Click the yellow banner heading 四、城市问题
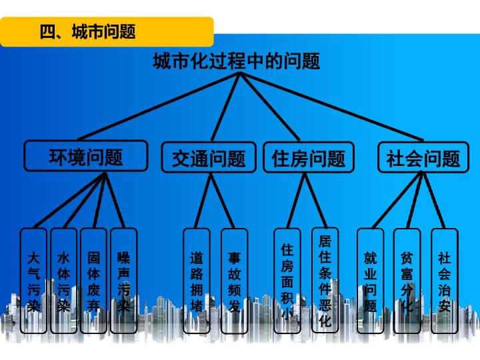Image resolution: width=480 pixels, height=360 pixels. coord(107,32)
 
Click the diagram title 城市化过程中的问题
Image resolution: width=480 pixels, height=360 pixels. coord(236,61)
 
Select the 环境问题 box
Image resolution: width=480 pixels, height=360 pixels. coord(86,156)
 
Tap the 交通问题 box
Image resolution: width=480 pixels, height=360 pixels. coord(209,157)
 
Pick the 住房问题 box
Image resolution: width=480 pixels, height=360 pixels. coord(309,157)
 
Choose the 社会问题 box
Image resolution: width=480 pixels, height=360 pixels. coord(423,157)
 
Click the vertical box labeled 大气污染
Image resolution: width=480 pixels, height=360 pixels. coord(34,281)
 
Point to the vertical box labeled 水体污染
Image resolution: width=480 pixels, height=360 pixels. coord(64,281)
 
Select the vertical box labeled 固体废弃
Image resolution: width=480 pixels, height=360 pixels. coord(94,281)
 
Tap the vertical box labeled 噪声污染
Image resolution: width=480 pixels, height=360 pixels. coord(124,281)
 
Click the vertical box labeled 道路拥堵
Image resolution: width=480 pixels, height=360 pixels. coord(197,281)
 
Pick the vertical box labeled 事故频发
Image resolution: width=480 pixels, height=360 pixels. coord(234,281)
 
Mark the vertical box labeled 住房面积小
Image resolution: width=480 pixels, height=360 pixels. coord(287,281)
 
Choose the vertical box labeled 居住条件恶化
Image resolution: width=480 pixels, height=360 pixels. coord(325,280)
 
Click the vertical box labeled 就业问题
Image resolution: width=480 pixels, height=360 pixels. coord(371,281)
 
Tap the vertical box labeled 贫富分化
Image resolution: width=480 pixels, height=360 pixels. coord(407,281)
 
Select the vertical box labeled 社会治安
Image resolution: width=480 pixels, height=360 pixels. coord(445,281)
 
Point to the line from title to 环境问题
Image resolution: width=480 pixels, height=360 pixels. coord(159,107)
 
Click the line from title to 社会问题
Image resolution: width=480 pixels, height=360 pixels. coord(331,107)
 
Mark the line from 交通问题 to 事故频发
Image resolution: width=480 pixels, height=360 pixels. coord(222,201)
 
